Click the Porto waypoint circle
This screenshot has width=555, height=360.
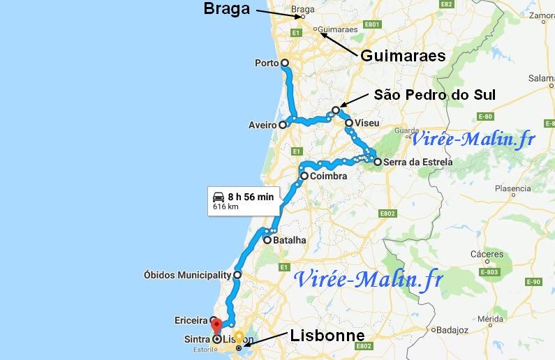pos(284,63)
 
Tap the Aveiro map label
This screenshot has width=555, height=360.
pos(263,126)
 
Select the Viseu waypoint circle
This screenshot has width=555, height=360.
pos(348,123)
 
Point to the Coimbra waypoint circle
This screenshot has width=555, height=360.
pos(304,176)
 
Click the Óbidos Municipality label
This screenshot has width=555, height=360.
pos(187,275)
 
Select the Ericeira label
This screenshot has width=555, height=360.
pos(191,321)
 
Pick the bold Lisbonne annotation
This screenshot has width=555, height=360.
pos(327,336)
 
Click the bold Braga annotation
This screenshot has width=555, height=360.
pos(226,9)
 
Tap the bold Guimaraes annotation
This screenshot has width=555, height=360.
pos(403,56)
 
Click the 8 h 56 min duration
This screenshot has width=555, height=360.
pos(251,196)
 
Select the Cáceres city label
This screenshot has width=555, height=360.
pos(487,255)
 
